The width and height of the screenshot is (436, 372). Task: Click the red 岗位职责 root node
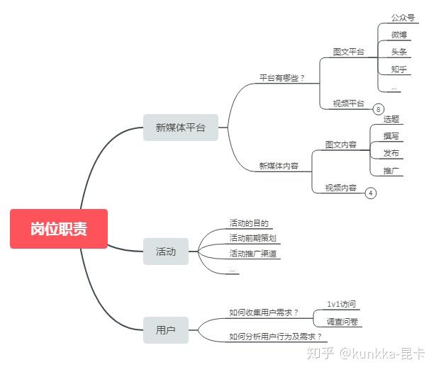[59, 229]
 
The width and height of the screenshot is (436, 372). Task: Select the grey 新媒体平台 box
[181, 128]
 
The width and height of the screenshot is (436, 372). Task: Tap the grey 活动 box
[166, 252]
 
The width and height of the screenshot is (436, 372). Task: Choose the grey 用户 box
[166, 330]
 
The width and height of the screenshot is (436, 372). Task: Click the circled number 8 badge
[378, 109]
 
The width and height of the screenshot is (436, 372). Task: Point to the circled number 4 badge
[370, 193]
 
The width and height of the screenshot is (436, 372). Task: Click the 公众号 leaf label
[403, 18]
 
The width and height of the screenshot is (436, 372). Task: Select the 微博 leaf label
[399, 35]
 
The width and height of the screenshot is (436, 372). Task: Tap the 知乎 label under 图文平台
[399, 69]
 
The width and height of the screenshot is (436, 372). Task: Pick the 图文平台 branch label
[348, 52]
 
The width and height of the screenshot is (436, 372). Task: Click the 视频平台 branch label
[348, 103]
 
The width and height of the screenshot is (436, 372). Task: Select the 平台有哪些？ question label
[282, 78]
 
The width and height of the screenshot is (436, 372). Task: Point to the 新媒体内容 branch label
[279, 166]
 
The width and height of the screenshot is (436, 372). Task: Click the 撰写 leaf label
[391, 136]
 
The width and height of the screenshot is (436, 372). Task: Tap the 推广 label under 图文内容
[391, 171]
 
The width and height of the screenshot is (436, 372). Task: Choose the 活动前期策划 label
[253, 238]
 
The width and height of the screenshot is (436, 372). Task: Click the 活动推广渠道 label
[253, 254]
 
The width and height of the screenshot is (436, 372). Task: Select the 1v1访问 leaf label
[341, 304]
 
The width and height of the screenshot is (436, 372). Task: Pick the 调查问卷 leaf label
[342, 322]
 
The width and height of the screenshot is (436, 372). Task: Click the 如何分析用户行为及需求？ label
[275, 337]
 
